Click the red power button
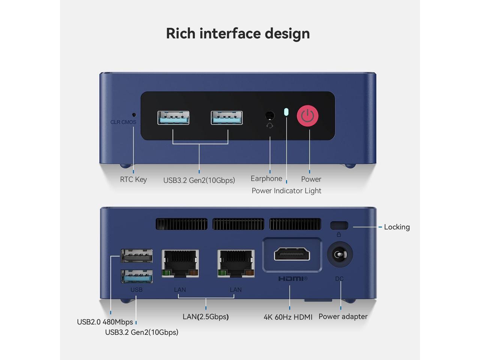pyautogui.click(x=307, y=116)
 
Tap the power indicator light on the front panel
pyautogui.click(x=286, y=112)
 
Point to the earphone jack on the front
pyautogui.click(x=269, y=115)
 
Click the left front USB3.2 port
pyautogui.click(x=173, y=118)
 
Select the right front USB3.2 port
pyautogui.click(x=226, y=118)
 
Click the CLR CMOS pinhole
pyautogui.click(x=134, y=115)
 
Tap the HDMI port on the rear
pyautogui.click(x=292, y=254)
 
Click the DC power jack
pyautogui.click(x=340, y=255)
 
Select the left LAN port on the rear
pyautogui.click(x=180, y=263)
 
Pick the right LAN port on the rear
pyautogui.click(x=235, y=263)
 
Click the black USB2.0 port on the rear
pyautogui.click(x=136, y=256)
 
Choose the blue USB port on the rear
pyautogui.click(x=136, y=277)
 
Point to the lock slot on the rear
pyautogui.click(x=339, y=225)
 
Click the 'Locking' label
pyautogui.click(x=397, y=227)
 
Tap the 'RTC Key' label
pyautogui.click(x=133, y=179)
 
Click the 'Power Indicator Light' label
pyautogui.click(x=286, y=190)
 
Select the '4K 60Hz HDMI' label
pyautogui.click(x=288, y=317)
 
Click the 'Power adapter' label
pyautogui.click(x=343, y=316)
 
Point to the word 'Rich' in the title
pyautogui.click(x=181, y=33)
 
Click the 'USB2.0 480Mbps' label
pyautogui.click(x=105, y=322)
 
